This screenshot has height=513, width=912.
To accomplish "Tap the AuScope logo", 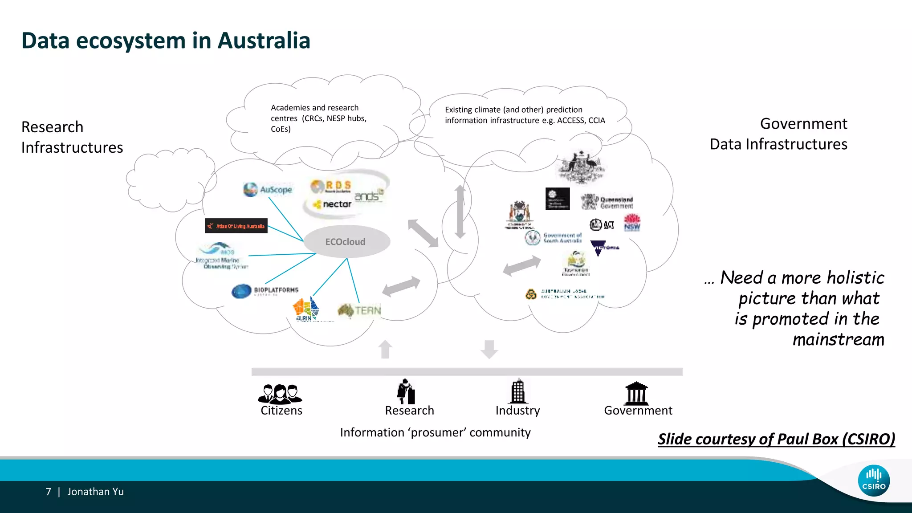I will pos(268,189).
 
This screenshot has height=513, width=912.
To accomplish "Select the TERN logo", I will pos(359,310).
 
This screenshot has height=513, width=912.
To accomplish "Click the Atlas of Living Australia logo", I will pos(236,226).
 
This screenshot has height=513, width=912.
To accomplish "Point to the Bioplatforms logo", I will pos(265,291).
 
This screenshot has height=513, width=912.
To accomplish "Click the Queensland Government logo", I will pos(607,202).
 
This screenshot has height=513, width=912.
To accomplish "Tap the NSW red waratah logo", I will pos(631,222).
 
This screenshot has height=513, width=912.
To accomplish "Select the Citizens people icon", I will pos(280,393).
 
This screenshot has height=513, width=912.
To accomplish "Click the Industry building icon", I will pos(517,391).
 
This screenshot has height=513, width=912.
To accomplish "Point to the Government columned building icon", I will pos(637,393).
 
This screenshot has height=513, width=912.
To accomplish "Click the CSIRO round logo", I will pos(874,480).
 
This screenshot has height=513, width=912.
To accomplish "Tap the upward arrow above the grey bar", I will pos(385,349).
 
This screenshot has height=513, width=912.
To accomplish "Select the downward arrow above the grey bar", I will pos(489,349).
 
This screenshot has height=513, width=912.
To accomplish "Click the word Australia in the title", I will pos(264,41).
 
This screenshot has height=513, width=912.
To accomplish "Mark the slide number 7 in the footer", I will pos(49,492).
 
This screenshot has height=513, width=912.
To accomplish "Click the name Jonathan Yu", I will pos(95,492).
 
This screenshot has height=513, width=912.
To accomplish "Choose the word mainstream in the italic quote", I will pos(838,340).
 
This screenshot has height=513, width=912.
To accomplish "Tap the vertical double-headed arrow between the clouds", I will pos(460,212).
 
